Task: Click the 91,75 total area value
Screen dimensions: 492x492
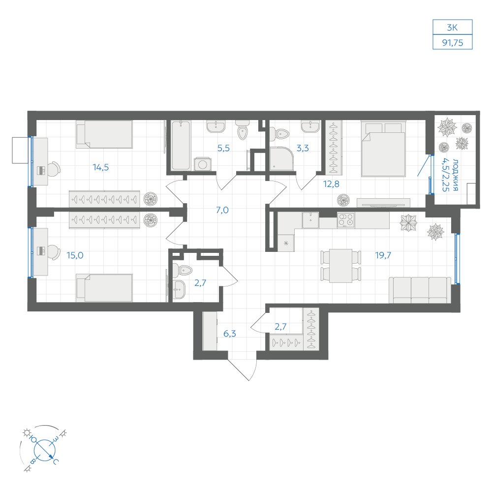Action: coord(453,42)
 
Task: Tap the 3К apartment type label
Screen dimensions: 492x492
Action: coord(452,28)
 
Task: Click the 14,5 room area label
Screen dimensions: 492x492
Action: coord(101,167)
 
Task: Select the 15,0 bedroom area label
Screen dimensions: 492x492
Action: coord(75,255)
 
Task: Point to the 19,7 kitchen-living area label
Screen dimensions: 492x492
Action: coord(383,255)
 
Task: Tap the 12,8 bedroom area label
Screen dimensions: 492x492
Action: coord(331,184)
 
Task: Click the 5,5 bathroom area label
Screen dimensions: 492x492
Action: coord(223,148)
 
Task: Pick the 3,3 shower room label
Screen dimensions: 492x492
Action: coord(303,148)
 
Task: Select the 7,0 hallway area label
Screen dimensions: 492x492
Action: coord(222,210)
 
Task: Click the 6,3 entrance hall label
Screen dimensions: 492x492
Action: coord(230,334)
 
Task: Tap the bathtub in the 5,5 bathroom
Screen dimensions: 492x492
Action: coord(181,145)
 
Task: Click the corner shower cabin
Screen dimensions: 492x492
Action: coord(281,159)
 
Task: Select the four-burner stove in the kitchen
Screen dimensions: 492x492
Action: coord(346,219)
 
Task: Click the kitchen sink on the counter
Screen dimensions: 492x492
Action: coord(310,220)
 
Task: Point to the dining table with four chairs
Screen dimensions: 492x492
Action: coord(340,266)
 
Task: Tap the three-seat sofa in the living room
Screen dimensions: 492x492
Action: coord(420,290)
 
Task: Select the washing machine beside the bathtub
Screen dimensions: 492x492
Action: coord(202,164)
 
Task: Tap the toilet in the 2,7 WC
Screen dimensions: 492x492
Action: coord(182,270)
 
